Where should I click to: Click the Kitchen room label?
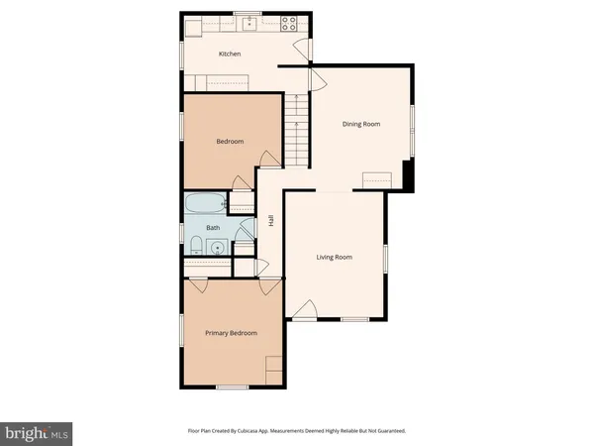(x=230, y=55)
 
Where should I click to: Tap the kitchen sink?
(x=251, y=22)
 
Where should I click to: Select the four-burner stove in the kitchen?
(x=289, y=22)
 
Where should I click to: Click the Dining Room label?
(x=361, y=124)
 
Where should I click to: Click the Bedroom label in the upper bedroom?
(x=230, y=142)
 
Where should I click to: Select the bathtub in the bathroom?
(x=206, y=205)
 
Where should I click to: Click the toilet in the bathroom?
(x=196, y=245)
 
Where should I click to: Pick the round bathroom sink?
(x=217, y=248)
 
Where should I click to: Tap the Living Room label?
(x=335, y=258)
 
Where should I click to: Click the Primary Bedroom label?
(x=231, y=333)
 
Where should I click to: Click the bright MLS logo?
(x=37, y=432)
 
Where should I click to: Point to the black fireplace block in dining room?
(x=406, y=175)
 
